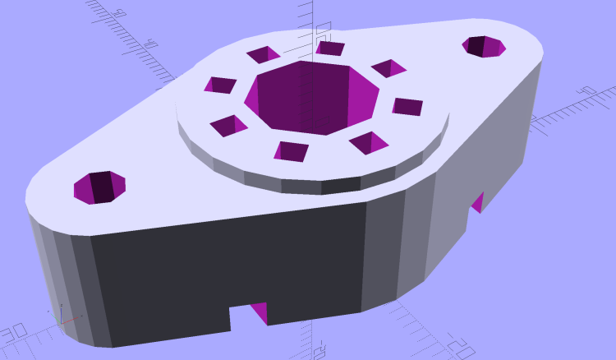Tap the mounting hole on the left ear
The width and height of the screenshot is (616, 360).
click(x=99, y=187)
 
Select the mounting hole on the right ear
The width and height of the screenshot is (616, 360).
click(x=484, y=46)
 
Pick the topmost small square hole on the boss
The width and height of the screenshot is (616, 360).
click(x=329, y=48)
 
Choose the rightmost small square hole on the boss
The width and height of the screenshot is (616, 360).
click(x=407, y=106)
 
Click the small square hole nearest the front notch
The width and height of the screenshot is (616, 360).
click(x=291, y=150)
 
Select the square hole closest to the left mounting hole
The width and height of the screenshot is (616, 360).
click(x=228, y=126)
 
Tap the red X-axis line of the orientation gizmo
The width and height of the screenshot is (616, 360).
click(x=71, y=319)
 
